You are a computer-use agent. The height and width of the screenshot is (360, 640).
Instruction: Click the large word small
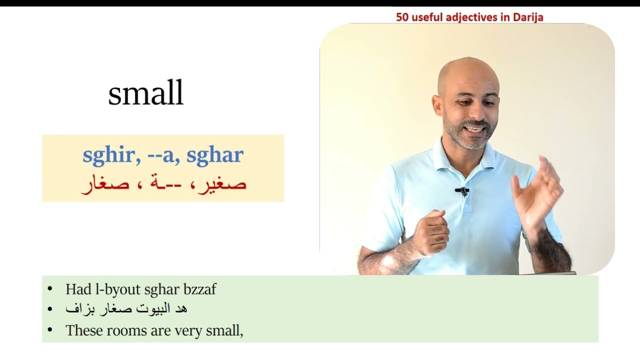coord(145,94)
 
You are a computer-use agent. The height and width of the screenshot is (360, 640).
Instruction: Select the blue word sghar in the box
coord(214,155)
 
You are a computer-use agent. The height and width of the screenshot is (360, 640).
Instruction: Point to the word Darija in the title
coord(527,17)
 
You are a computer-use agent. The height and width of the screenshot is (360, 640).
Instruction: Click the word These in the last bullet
coord(83,330)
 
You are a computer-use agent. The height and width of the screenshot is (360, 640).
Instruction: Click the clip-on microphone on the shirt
coord(463,190)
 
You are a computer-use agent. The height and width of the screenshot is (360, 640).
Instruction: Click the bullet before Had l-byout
coord(49,289)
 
